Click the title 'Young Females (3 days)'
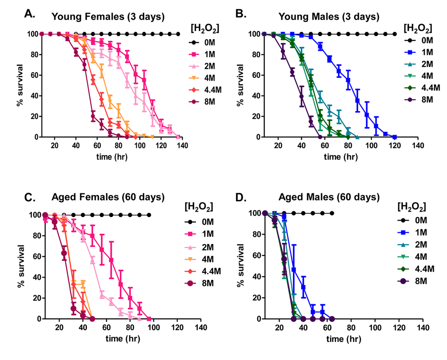tap(108, 17)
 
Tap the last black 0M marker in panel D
tap(332, 213)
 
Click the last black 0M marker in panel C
tap(149, 215)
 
